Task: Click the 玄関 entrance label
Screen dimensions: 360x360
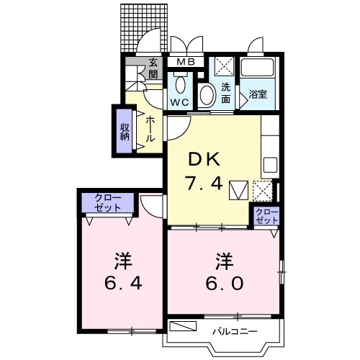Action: [x=153, y=69]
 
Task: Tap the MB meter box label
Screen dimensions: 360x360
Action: [x=186, y=63]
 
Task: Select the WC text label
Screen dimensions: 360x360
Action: [x=179, y=102]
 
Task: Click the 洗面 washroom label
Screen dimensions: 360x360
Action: [x=225, y=94]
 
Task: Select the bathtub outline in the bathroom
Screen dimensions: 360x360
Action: [x=258, y=71]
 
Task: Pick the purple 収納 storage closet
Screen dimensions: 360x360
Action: [x=125, y=131]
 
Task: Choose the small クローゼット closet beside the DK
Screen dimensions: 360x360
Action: [x=266, y=215]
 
